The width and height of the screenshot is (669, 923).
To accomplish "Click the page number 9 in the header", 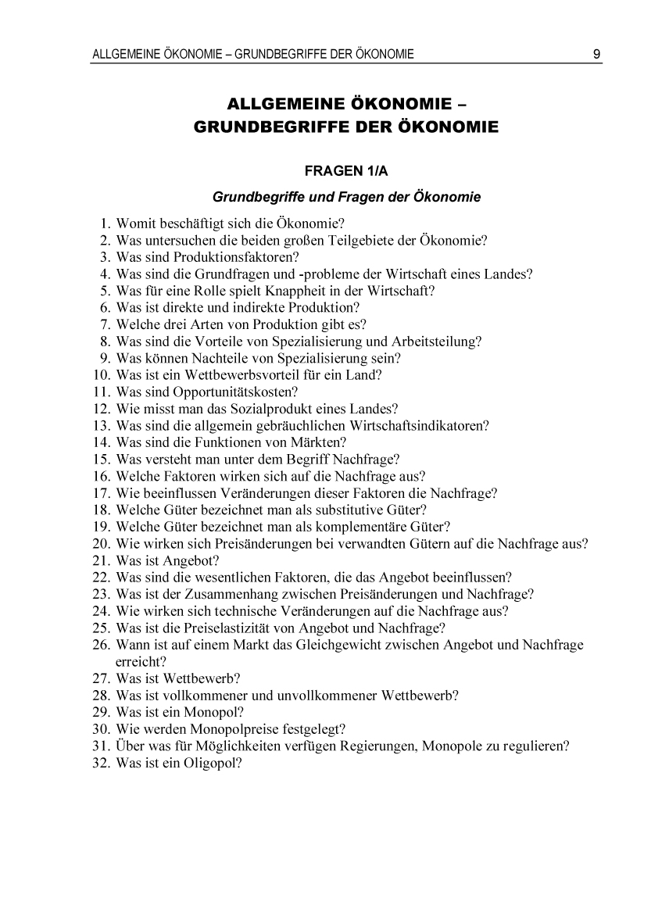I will click(596, 55).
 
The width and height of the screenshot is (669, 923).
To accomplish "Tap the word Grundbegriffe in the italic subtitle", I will click(253, 196).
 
